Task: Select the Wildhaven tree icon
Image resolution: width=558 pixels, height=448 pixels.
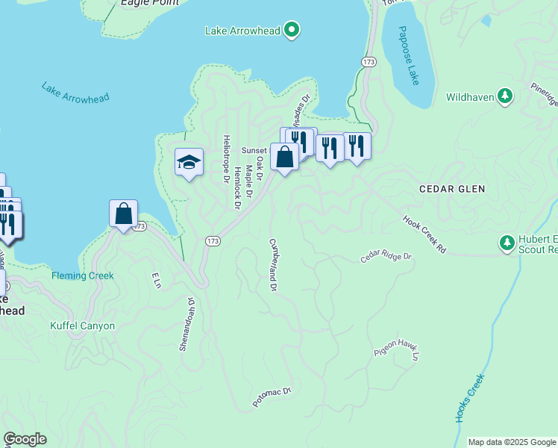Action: click(x=506, y=96)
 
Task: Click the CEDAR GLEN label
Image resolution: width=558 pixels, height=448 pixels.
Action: click(x=452, y=190)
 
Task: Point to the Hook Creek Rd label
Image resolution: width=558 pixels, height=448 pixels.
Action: click(x=424, y=234)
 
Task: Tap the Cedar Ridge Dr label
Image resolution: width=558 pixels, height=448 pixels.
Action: click(x=386, y=257)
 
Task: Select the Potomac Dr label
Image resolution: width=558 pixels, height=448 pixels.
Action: click(x=271, y=396)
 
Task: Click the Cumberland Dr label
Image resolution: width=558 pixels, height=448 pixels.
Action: click(x=273, y=265)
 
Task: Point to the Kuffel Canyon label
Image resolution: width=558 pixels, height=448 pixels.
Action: click(x=83, y=326)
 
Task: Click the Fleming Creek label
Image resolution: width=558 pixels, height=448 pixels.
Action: click(x=83, y=276)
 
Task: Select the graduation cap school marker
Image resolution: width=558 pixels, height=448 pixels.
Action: click(x=189, y=161)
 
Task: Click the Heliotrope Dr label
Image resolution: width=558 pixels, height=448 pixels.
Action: click(x=225, y=158)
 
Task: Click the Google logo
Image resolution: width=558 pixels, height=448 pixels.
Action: click(x=25, y=439)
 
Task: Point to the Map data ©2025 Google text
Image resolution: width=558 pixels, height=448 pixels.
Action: click(x=512, y=442)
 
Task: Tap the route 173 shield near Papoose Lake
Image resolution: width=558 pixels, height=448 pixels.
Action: click(x=368, y=62)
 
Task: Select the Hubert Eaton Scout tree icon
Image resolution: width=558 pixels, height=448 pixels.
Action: click(x=506, y=243)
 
